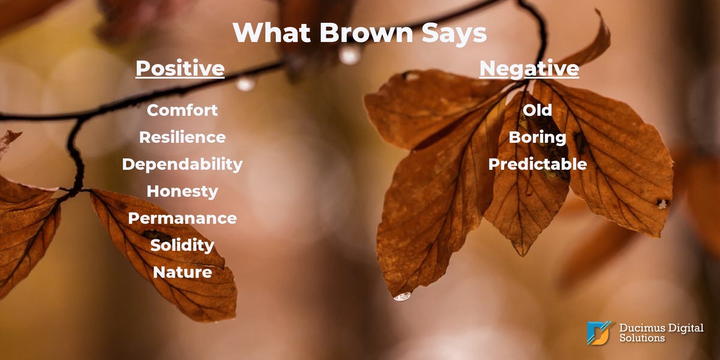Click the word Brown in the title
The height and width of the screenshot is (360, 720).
click(x=366, y=32)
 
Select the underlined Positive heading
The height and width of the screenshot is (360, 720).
click(x=180, y=68)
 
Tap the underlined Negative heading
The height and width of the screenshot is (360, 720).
click(x=529, y=68)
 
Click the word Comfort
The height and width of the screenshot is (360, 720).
click(x=182, y=110)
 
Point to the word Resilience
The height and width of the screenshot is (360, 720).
click(x=182, y=137)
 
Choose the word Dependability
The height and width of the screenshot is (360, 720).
click(x=182, y=164)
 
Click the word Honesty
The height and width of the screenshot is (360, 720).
click(x=182, y=191)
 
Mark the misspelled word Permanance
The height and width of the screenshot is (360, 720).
click(x=182, y=218)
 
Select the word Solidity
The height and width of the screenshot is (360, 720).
click(x=182, y=245)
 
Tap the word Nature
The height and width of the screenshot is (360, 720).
click(x=182, y=272)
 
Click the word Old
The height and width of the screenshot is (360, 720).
click(x=537, y=110)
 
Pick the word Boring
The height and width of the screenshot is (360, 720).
click(x=537, y=137)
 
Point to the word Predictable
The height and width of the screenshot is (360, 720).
click(x=538, y=164)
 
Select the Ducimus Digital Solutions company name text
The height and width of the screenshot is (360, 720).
click(x=661, y=333)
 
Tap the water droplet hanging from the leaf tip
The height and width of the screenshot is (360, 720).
click(x=403, y=296)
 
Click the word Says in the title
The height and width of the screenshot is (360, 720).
click(x=454, y=34)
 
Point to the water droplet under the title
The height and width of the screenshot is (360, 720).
click(x=350, y=55)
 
